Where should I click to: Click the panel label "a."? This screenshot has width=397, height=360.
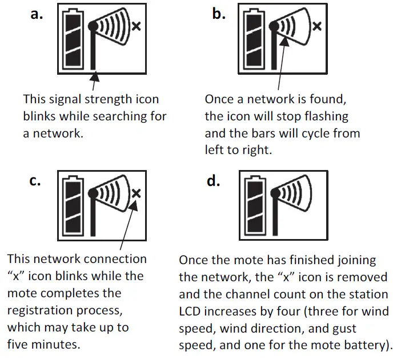(37, 14)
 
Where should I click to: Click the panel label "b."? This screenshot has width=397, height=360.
(219, 14)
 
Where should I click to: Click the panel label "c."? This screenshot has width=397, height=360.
(35, 181)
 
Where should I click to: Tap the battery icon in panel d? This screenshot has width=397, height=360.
(255, 205)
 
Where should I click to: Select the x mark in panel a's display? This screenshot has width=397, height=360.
(136, 26)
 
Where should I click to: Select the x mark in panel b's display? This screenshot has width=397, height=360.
(318, 26)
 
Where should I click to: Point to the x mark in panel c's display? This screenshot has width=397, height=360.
(136, 193)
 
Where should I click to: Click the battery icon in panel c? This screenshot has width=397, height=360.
(74, 205)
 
